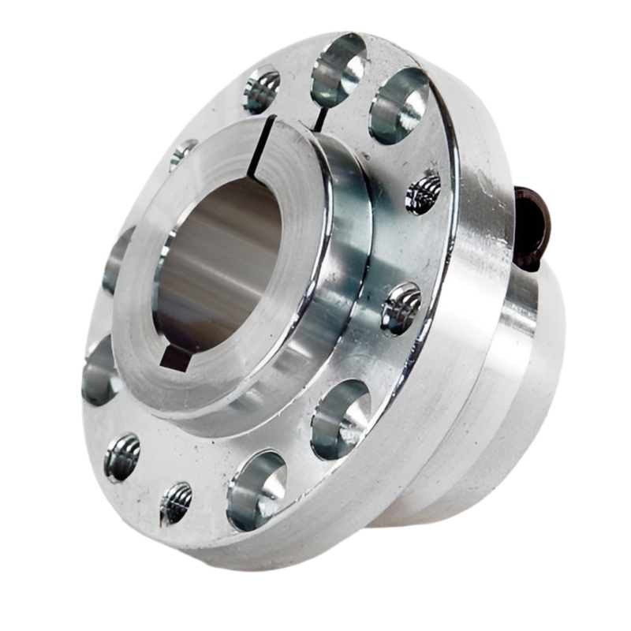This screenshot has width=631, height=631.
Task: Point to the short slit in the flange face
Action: coord(321,118)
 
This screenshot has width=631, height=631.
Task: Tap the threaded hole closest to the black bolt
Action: coord(424,192)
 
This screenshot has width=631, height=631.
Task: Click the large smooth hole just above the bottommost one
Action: coord(340,419)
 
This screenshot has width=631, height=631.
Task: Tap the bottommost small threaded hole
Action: coord(175,503)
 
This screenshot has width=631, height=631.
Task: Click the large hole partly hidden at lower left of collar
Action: coord(99,371)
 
